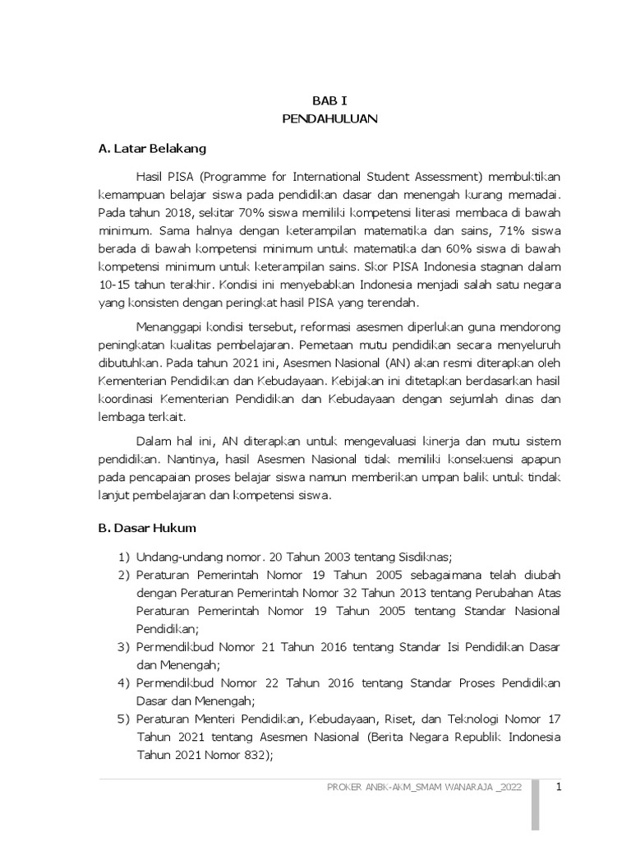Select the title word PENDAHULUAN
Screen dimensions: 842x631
[329, 119]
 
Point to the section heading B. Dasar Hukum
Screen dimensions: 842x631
[146, 528]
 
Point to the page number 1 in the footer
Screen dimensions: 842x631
[558, 787]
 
